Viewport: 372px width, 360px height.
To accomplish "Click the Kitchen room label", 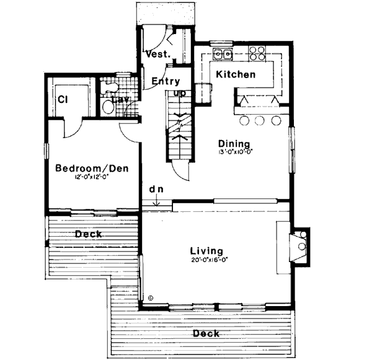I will click(236, 74).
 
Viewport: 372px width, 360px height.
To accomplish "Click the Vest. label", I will click(157, 55).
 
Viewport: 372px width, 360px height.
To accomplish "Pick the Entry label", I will click(165, 81).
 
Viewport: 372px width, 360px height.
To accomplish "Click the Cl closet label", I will click(63, 99).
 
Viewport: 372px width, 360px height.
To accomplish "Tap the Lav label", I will click(120, 99).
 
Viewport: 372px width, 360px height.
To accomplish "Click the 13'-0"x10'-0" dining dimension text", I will click(236, 151).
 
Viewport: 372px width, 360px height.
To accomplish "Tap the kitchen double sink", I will click(223, 55).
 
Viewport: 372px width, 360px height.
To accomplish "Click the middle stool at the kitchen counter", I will click(260, 120).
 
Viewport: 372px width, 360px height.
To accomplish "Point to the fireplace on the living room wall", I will click(301, 246).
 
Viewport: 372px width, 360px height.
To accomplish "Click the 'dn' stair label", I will click(155, 188).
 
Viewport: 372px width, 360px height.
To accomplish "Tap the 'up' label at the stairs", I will click(180, 94).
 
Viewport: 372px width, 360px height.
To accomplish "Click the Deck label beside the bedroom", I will click(89, 234).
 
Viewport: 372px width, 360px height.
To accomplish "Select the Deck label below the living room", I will click(206, 333).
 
